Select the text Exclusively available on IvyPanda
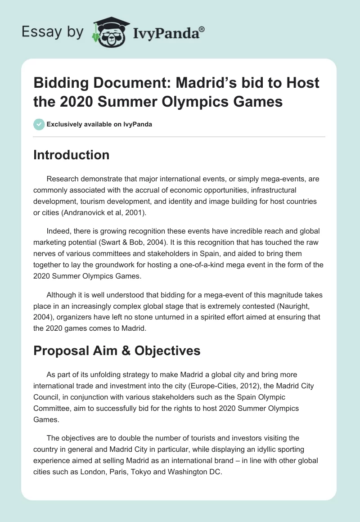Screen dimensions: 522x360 pos(100,124)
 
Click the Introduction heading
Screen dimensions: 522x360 pos(72,155)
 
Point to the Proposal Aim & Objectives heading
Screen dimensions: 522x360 pos(117,351)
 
